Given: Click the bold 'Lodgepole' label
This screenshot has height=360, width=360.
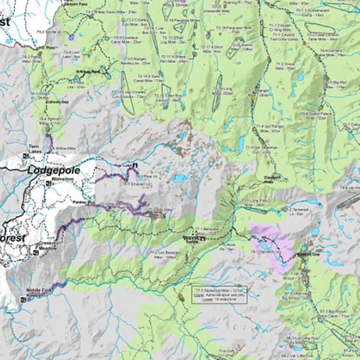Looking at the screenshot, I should pos(54,170).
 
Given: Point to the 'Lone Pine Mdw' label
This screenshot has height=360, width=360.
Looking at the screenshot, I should pos(254,202).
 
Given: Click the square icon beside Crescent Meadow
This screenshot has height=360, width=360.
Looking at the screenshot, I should pos(35,252).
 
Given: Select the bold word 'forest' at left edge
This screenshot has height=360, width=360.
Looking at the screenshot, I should pos(13,238).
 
